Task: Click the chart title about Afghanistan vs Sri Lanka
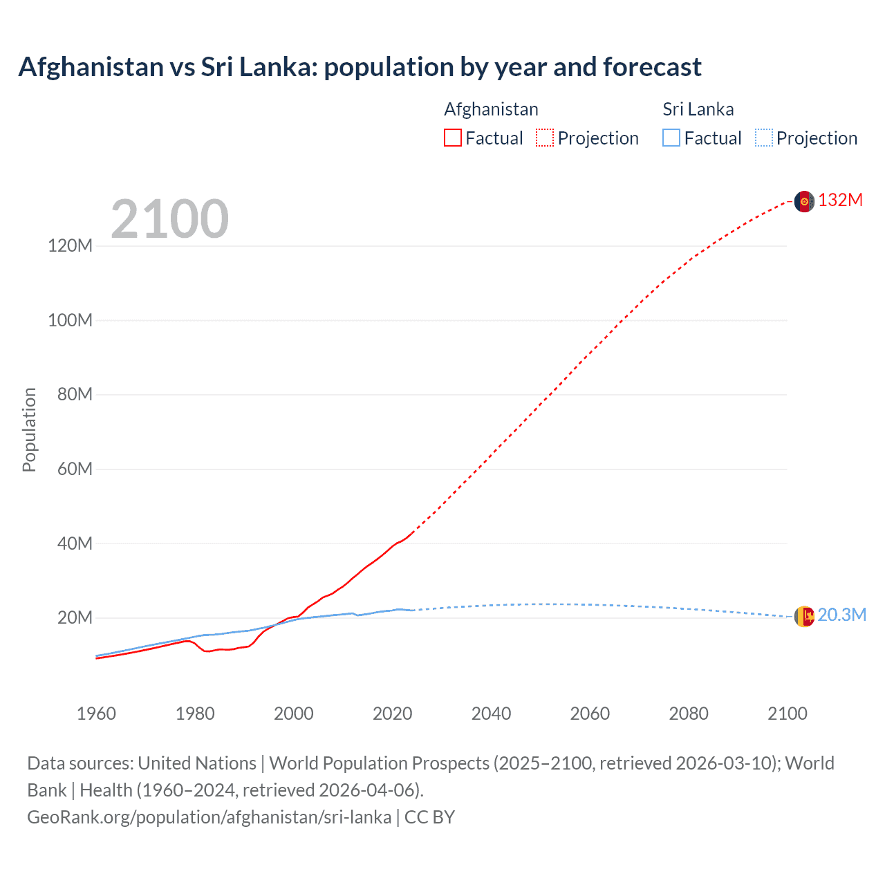[360, 67]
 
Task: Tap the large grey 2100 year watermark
[169, 219]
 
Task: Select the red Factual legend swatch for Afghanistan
[452, 138]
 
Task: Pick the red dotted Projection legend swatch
[545, 138]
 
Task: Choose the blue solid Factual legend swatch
[671, 138]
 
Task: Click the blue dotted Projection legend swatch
[763, 138]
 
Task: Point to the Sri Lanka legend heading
[698, 109]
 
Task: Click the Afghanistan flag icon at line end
[803, 201]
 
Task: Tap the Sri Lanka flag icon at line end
[803, 616]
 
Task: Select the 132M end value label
[840, 201]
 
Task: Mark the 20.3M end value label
[841, 615]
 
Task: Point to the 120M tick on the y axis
[70, 246]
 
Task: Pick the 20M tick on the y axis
[74, 618]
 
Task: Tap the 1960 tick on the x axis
[96, 714]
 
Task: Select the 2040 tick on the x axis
[491, 714]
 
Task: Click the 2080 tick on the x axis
[689, 714]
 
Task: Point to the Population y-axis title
[29, 429]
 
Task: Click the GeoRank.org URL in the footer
[209, 817]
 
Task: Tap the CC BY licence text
[429, 817]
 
